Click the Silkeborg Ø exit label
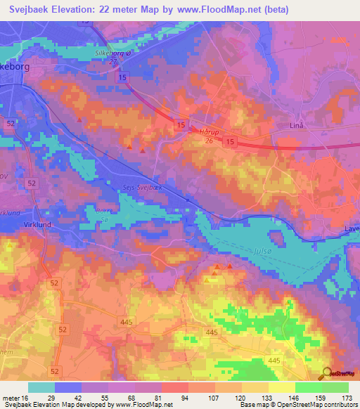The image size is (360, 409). (106, 53)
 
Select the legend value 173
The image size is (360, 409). (345, 398)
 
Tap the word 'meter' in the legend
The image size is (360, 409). (13, 398)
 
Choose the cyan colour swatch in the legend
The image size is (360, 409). (41, 387)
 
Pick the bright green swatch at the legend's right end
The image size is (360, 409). (335, 387)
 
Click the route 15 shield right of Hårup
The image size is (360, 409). (230, 142)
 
